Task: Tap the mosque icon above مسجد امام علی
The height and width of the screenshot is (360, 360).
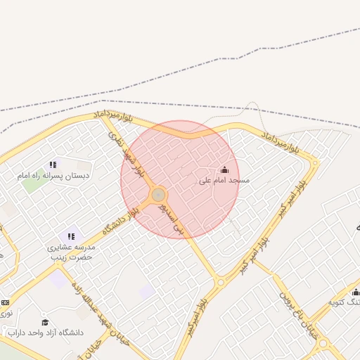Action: pos(225,169)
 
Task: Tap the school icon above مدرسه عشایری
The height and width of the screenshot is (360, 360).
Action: pos(70,236)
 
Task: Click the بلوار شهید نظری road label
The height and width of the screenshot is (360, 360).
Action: pos(126,147)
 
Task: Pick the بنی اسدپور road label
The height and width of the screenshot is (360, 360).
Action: pos(173,219)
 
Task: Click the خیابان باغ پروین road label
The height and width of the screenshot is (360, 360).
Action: pos(295,314)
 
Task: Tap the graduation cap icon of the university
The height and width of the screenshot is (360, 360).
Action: pos(46,322)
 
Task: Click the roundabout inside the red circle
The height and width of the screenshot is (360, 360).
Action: pos(159,194)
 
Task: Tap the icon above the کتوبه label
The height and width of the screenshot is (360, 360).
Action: pos(356,292)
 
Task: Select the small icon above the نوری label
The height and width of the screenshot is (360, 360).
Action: pos(6,302)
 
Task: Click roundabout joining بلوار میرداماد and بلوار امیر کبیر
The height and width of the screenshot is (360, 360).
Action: pos(315,163)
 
